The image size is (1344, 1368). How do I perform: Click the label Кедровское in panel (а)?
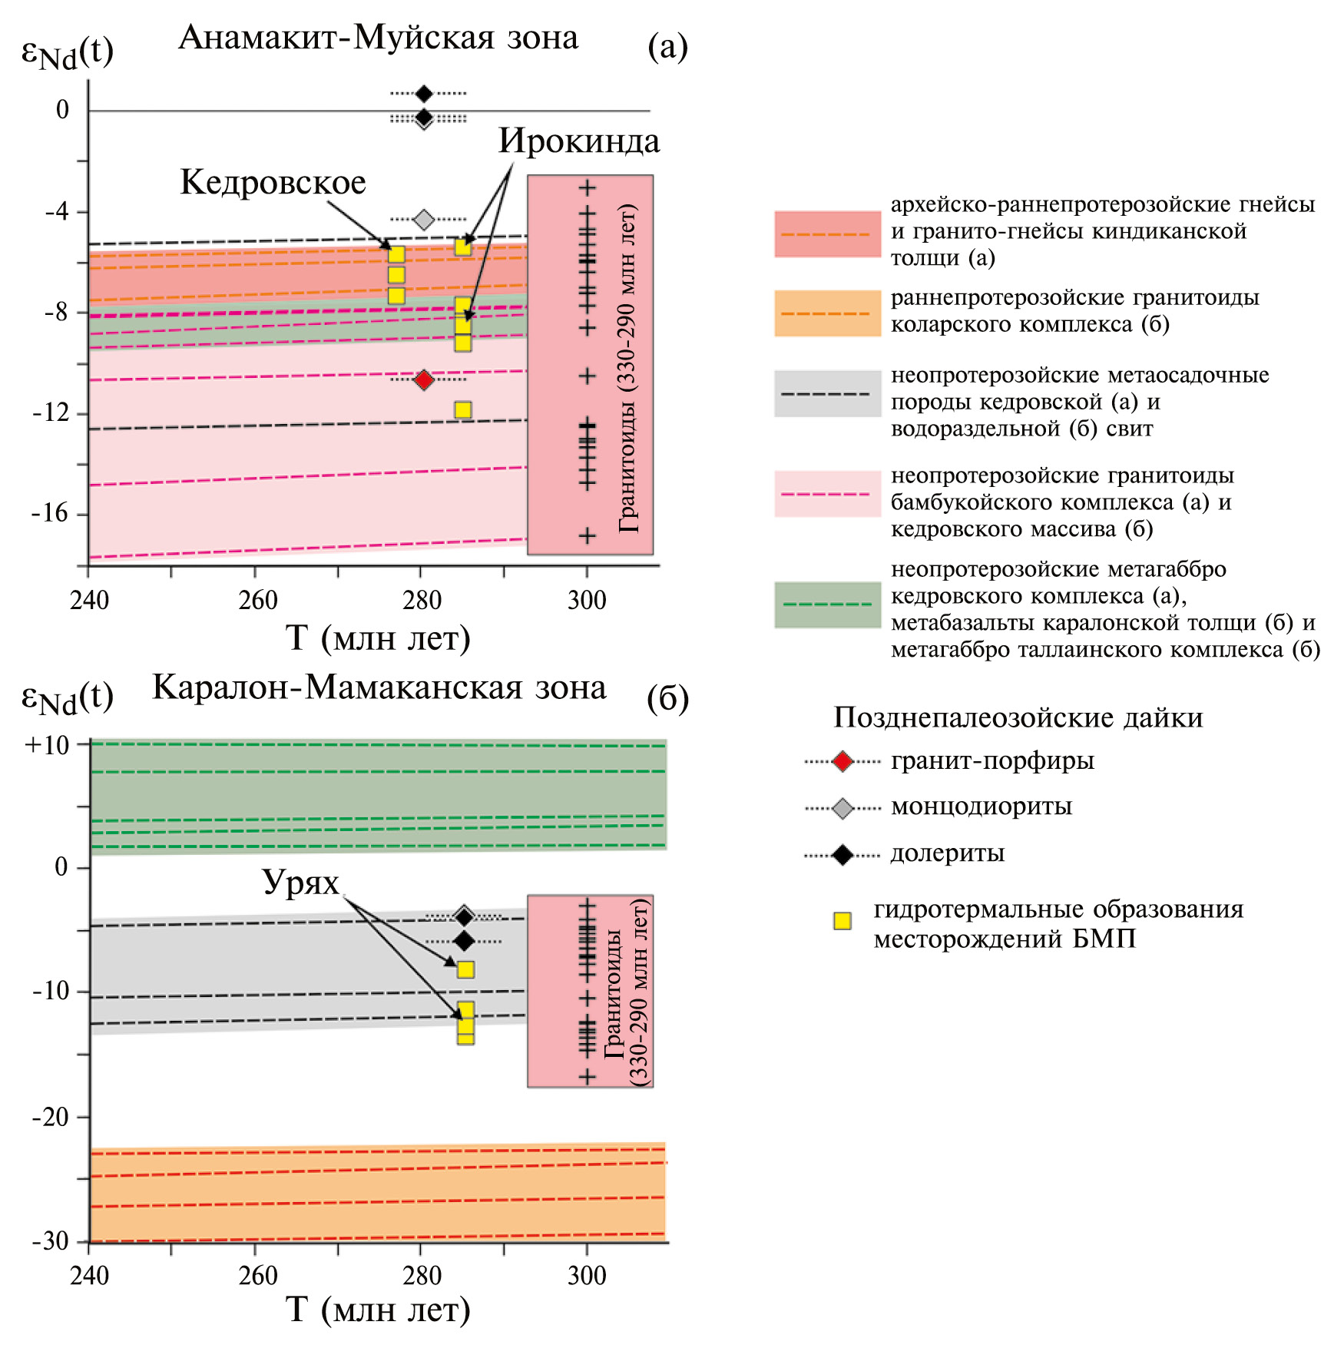point(273,183)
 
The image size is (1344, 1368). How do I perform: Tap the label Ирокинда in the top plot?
point(579,141)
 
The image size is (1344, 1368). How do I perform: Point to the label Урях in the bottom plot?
point(300,883)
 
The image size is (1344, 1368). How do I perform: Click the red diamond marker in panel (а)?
point(424,379)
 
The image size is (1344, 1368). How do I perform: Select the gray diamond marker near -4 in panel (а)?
point(424,220)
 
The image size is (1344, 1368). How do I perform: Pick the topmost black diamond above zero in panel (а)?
point(424,94)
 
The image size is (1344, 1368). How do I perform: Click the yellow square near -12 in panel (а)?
point(462,409)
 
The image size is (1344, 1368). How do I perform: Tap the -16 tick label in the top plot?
point(51,513)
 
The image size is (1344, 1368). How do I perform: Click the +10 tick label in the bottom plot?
point(47,745)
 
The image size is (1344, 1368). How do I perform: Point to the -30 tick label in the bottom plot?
point(51,1240)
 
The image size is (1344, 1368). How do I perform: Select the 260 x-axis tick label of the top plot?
point(257,601)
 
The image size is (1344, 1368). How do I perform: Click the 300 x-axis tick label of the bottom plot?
point(587,1276)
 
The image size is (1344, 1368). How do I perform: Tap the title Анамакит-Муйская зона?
point(378,38)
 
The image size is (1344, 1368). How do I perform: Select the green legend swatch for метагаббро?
point(827,605)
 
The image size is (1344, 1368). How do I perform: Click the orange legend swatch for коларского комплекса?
point(827,313)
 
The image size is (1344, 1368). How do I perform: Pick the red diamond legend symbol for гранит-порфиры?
point(842,762)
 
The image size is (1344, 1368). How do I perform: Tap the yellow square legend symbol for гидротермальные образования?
point(842,921)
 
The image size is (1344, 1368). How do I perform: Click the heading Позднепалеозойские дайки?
point(1018,717)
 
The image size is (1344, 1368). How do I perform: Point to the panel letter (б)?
point(667,699)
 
